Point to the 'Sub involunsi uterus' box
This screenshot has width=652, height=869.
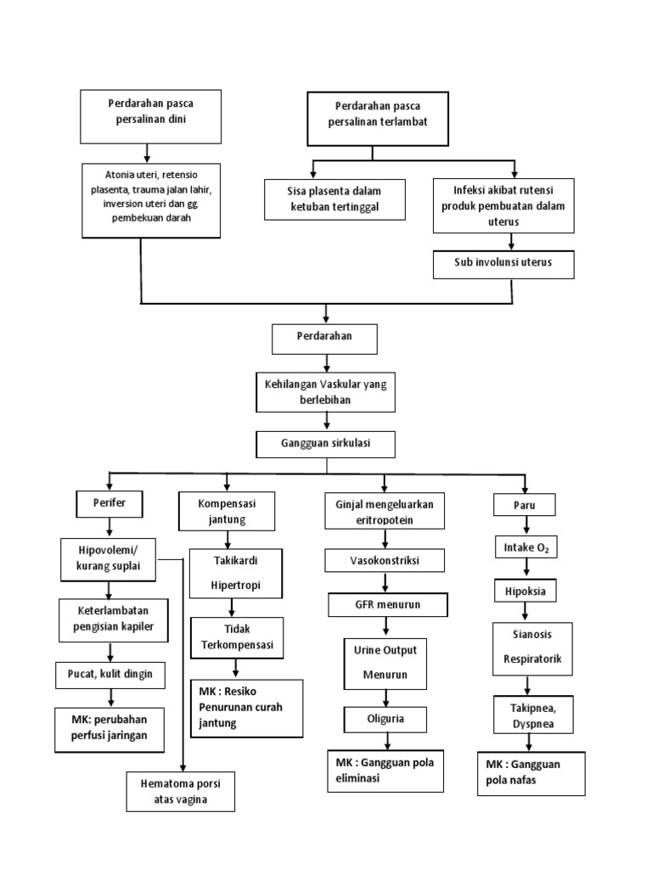coord(503,263)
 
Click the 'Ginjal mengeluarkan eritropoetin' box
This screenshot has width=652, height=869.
coord(385,512)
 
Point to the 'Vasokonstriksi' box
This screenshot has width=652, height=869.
coord(385,561)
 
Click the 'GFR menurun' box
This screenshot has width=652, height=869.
coord(386,605)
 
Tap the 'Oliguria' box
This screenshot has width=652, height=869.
coord(385,719)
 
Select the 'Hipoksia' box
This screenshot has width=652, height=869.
coord(525,590)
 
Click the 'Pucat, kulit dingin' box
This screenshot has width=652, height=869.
coord(109,676)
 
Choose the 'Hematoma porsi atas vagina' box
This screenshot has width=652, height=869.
coord(179,791)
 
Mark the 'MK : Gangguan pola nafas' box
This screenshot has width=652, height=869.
coord(531,771)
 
